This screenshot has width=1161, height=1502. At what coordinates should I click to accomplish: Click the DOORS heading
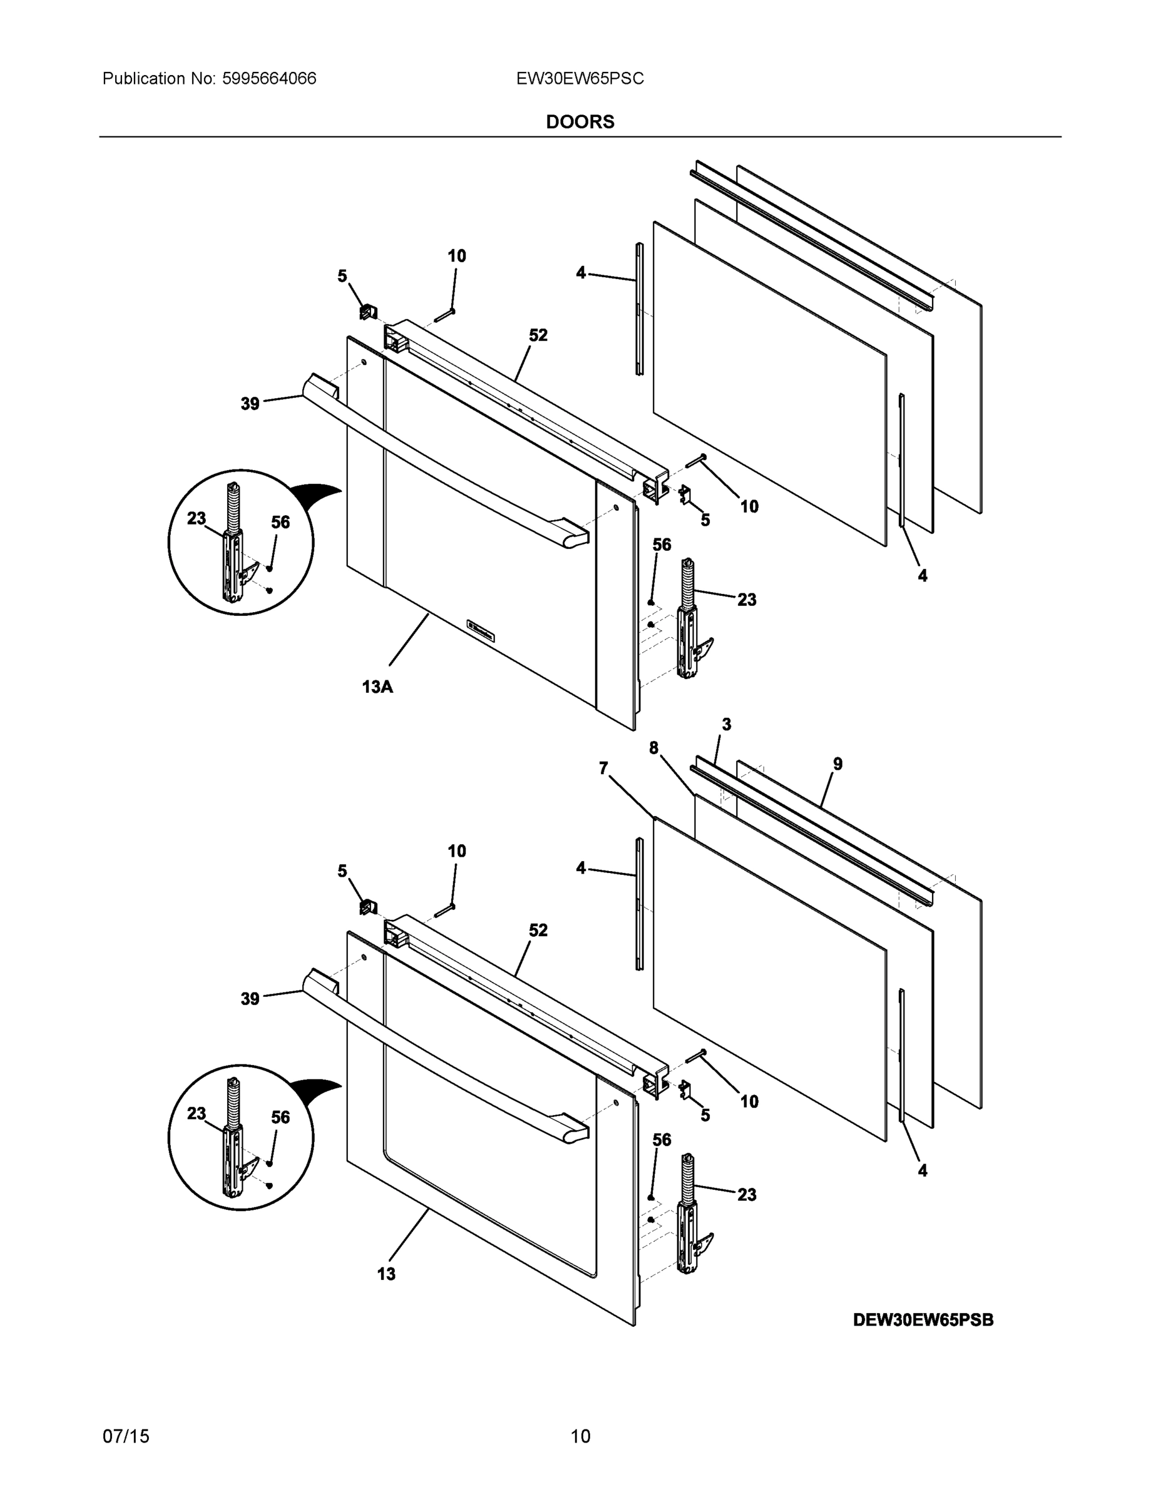click(580, 122)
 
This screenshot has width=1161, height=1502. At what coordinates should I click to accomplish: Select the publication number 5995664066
click(269, 79)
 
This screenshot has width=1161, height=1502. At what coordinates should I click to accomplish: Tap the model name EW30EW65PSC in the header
click(580, 79)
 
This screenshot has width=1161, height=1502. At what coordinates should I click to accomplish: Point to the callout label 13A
click(377, 687)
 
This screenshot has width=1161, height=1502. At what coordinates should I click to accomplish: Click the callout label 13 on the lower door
click(387, 1274)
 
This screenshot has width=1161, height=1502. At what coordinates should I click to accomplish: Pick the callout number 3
click(726, 724)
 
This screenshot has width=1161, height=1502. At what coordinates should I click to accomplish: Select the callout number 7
click(603, 768)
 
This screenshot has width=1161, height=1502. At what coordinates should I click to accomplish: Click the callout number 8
click(653, 748)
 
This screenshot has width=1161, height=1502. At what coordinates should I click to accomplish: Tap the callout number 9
click(837, 764)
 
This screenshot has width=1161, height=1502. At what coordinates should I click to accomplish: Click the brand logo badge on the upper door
click(483, 631)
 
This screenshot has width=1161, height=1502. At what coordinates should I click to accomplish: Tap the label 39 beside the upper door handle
click(250, 404)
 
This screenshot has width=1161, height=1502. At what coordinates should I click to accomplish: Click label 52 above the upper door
click(538, 335)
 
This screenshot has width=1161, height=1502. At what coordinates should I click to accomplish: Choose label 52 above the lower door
click(538, 931)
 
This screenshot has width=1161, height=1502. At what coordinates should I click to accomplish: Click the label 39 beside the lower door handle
click(250, 999)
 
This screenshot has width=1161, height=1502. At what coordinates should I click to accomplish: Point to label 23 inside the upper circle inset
click(197, 519)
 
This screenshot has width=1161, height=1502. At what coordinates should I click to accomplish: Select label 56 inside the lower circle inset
click(280, 1118)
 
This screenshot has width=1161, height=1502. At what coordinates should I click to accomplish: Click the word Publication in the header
click(144, 79)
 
